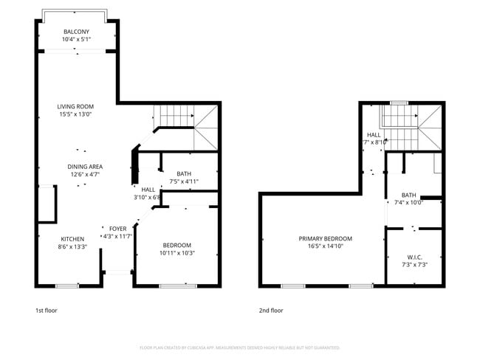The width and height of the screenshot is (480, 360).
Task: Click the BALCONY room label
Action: click(76, 32)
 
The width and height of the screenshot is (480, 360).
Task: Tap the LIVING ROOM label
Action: click(75, 106)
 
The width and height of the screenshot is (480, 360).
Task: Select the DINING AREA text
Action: click(85, 167)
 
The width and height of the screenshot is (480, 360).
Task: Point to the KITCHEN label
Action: click(72, 239)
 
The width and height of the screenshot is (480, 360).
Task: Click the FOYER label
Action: click(118, 229)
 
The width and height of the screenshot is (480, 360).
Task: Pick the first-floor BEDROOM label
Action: click(177, 245)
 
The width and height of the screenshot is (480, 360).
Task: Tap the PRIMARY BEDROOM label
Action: click(325, 238)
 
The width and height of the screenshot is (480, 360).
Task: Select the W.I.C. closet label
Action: click(414, 257)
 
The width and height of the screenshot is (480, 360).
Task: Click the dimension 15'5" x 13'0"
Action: click(75, 114)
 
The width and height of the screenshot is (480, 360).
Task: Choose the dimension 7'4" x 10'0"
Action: click(407, 202)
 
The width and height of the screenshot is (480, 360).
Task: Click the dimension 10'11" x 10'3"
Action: click(177, 253)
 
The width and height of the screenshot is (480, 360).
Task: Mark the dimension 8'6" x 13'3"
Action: click(72, 247)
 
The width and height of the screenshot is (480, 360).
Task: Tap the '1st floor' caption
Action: click(46, 311)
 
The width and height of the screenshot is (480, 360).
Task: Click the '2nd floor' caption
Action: click(270, 311)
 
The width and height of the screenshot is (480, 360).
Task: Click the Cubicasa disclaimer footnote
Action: click(240, 347)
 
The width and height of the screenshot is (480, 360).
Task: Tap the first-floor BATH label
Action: click(183, 173)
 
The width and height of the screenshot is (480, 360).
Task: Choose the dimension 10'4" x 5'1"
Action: click(76, 40)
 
